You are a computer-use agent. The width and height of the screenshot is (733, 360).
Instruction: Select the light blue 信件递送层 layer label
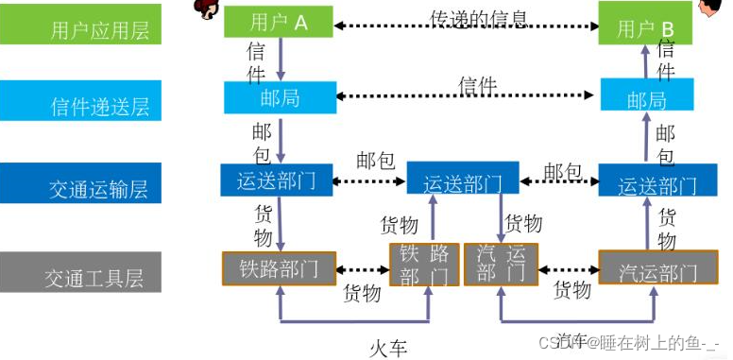(80, 105)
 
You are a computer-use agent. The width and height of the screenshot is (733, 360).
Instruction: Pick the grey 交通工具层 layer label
(80, 272)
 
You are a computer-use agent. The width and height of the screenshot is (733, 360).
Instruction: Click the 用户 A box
(280, 21)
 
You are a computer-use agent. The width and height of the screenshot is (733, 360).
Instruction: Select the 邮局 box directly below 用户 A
(280, 97)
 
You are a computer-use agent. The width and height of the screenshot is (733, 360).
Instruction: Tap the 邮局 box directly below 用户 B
(646, 99)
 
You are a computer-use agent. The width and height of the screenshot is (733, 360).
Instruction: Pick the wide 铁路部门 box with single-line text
(280, 268)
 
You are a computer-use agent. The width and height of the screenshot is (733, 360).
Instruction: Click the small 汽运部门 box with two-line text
(501, 266)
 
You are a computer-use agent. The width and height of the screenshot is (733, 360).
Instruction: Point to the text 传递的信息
(479, 18)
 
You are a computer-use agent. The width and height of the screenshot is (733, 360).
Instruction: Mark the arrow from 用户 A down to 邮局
(281, 60)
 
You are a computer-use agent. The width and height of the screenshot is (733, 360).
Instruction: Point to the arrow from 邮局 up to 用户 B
(646, 61)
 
